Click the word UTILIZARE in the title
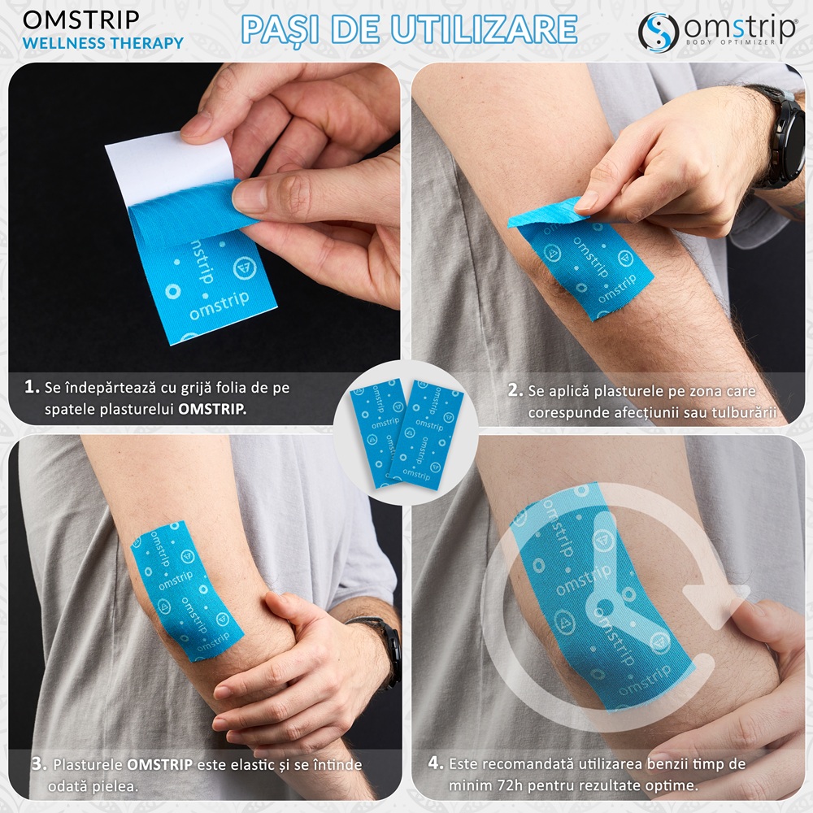coord(485,29)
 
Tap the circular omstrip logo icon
coord(659,33)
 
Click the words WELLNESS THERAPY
coord(102,43)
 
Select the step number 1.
coord(32,387)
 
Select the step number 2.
coord(515,390)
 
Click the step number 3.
coord(39,763)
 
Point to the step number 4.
coord(436,763)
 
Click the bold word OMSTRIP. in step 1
coord(212,409)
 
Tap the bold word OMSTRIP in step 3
coord(159,764)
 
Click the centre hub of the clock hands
coord(604,606)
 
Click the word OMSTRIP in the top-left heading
coord(81,20)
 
